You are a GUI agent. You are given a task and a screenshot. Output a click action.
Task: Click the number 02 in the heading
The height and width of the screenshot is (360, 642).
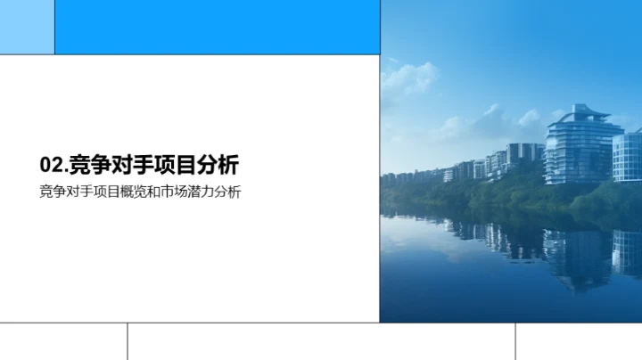tap(52, 165)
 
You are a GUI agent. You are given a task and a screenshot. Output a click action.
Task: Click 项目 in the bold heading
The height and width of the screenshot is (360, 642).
tap(175, 165)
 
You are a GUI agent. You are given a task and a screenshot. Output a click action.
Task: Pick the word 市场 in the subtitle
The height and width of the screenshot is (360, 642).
tap(175, 191)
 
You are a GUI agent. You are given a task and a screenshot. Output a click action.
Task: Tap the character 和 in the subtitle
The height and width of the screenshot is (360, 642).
tap(152, 191)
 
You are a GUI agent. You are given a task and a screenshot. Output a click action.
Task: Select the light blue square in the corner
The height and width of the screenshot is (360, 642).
tap(27, 27)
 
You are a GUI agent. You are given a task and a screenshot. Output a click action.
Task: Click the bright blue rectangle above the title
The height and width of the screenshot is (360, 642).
tap(217, 27)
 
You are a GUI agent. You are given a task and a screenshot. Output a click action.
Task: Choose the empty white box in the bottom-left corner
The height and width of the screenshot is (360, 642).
tap(63, 341)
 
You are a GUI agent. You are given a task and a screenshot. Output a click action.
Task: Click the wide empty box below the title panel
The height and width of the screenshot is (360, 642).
tap(321, 341)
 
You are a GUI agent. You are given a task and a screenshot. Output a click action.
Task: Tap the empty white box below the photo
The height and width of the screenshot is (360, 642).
tap(579, 341)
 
